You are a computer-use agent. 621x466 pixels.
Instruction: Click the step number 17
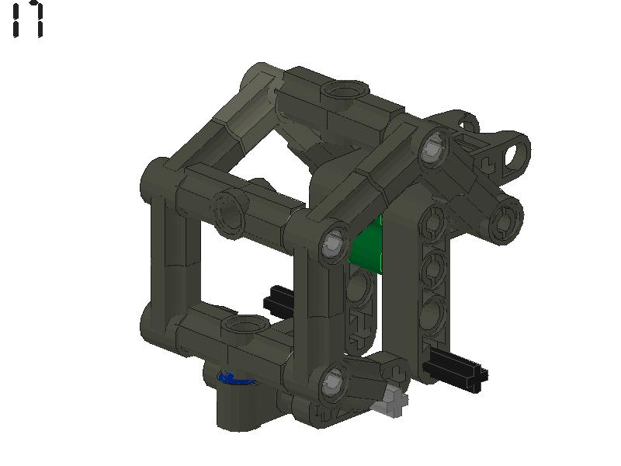(27, 20)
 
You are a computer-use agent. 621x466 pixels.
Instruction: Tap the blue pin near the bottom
(232, 378)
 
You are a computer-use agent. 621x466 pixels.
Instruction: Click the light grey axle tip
(393, 402)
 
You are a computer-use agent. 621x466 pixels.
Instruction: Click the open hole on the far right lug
(515, 152)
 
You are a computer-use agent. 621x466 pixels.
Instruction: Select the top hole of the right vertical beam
(432, 224)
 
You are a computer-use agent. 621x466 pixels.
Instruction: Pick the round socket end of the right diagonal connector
(505, 217)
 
